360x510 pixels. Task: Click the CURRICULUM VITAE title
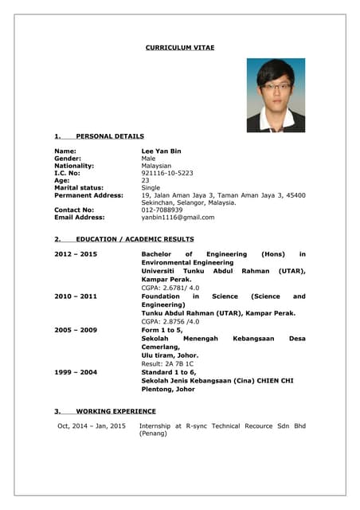coord(179,48)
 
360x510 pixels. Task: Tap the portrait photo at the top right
coord(276,95)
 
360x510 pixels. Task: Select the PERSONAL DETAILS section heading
coord(110,136)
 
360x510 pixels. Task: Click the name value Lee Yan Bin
coord(161,151)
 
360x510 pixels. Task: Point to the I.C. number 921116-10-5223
coord(167,173)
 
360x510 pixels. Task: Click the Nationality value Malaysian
coord(156,166)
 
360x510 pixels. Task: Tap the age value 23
coord(145,180)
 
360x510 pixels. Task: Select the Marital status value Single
coord(151,188)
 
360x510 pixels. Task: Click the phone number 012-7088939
coord(162,210)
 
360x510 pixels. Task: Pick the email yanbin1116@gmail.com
coord(178,218)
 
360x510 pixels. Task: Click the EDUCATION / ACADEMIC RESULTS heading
coord(135,239)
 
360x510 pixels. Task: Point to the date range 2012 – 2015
coord(76,254)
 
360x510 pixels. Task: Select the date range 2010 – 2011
coord(76,296)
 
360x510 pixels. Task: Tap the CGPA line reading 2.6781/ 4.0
coord(170,288)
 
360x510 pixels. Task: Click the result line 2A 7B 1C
coord(167,363)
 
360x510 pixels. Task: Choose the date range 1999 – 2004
coord(76,372)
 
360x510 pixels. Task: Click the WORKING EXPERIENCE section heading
coord(115,411)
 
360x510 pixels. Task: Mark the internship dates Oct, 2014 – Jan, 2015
coord(92,426)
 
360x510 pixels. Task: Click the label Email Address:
coord(80,218)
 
